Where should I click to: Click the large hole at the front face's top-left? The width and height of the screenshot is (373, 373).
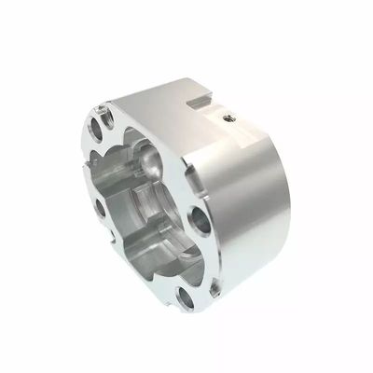click(x=100, y=126)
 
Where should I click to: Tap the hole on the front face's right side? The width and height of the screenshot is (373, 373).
click(x=200, y=221)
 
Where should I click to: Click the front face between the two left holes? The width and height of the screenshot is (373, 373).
click(x=96, y=168)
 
